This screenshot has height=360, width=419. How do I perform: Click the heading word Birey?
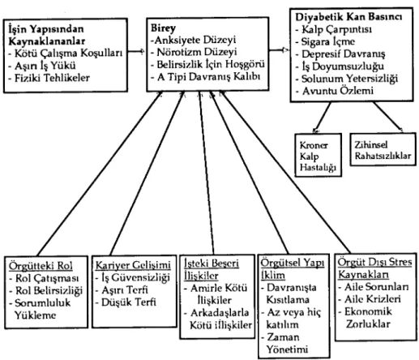pos(163,28)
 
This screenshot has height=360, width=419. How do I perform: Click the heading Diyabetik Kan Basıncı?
pos(348,17)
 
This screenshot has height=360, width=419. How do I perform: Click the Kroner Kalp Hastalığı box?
pos(318,155)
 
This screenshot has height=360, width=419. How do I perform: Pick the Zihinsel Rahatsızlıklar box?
pos(383,149)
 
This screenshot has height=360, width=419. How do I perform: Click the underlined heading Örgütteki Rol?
pos(41,266)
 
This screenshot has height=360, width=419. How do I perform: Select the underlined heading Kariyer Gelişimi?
pos(133,265)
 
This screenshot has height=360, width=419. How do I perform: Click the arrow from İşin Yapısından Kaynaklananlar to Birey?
pos(136,51)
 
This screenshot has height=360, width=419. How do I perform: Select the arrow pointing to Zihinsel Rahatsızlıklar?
pos(388,117)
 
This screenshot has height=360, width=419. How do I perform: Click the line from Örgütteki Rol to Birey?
pos(100,174)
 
